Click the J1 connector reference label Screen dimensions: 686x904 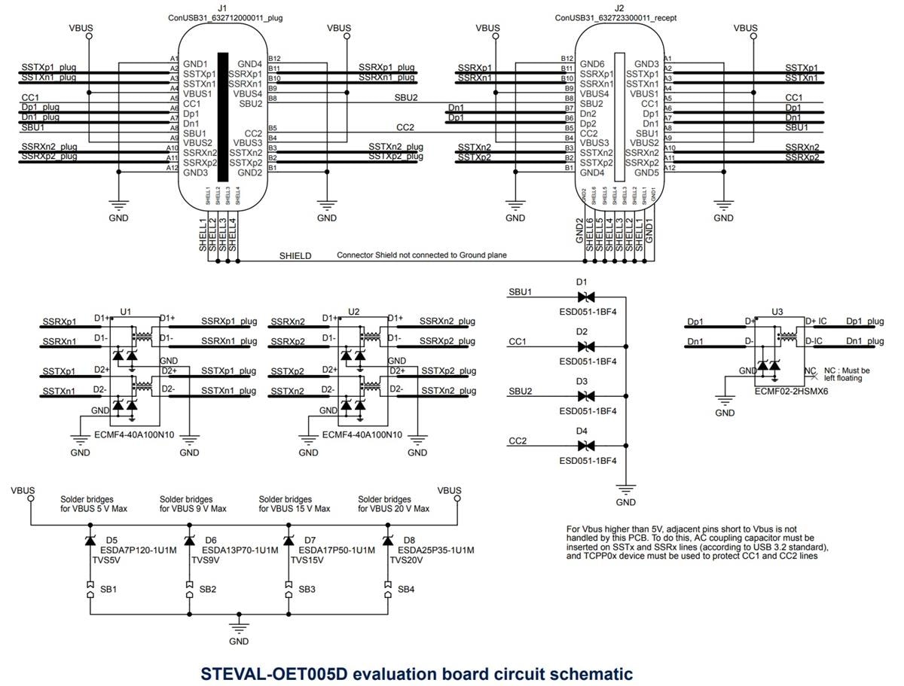pos(222,8)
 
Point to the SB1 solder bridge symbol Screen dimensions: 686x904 pos(90,589)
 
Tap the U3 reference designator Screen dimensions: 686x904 pos(777,311)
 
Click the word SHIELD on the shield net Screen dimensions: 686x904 pos(295,256)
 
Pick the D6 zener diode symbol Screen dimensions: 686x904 pos(188,540)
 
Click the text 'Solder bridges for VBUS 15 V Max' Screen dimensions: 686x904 pos(295,504)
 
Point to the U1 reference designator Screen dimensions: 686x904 pos(126,311)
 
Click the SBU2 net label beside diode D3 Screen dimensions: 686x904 pos(521,392)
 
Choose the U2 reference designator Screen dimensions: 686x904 pos(354,311)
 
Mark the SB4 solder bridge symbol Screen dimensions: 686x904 pos(387,589)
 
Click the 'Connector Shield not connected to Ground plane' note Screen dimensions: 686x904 pos(422,256)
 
